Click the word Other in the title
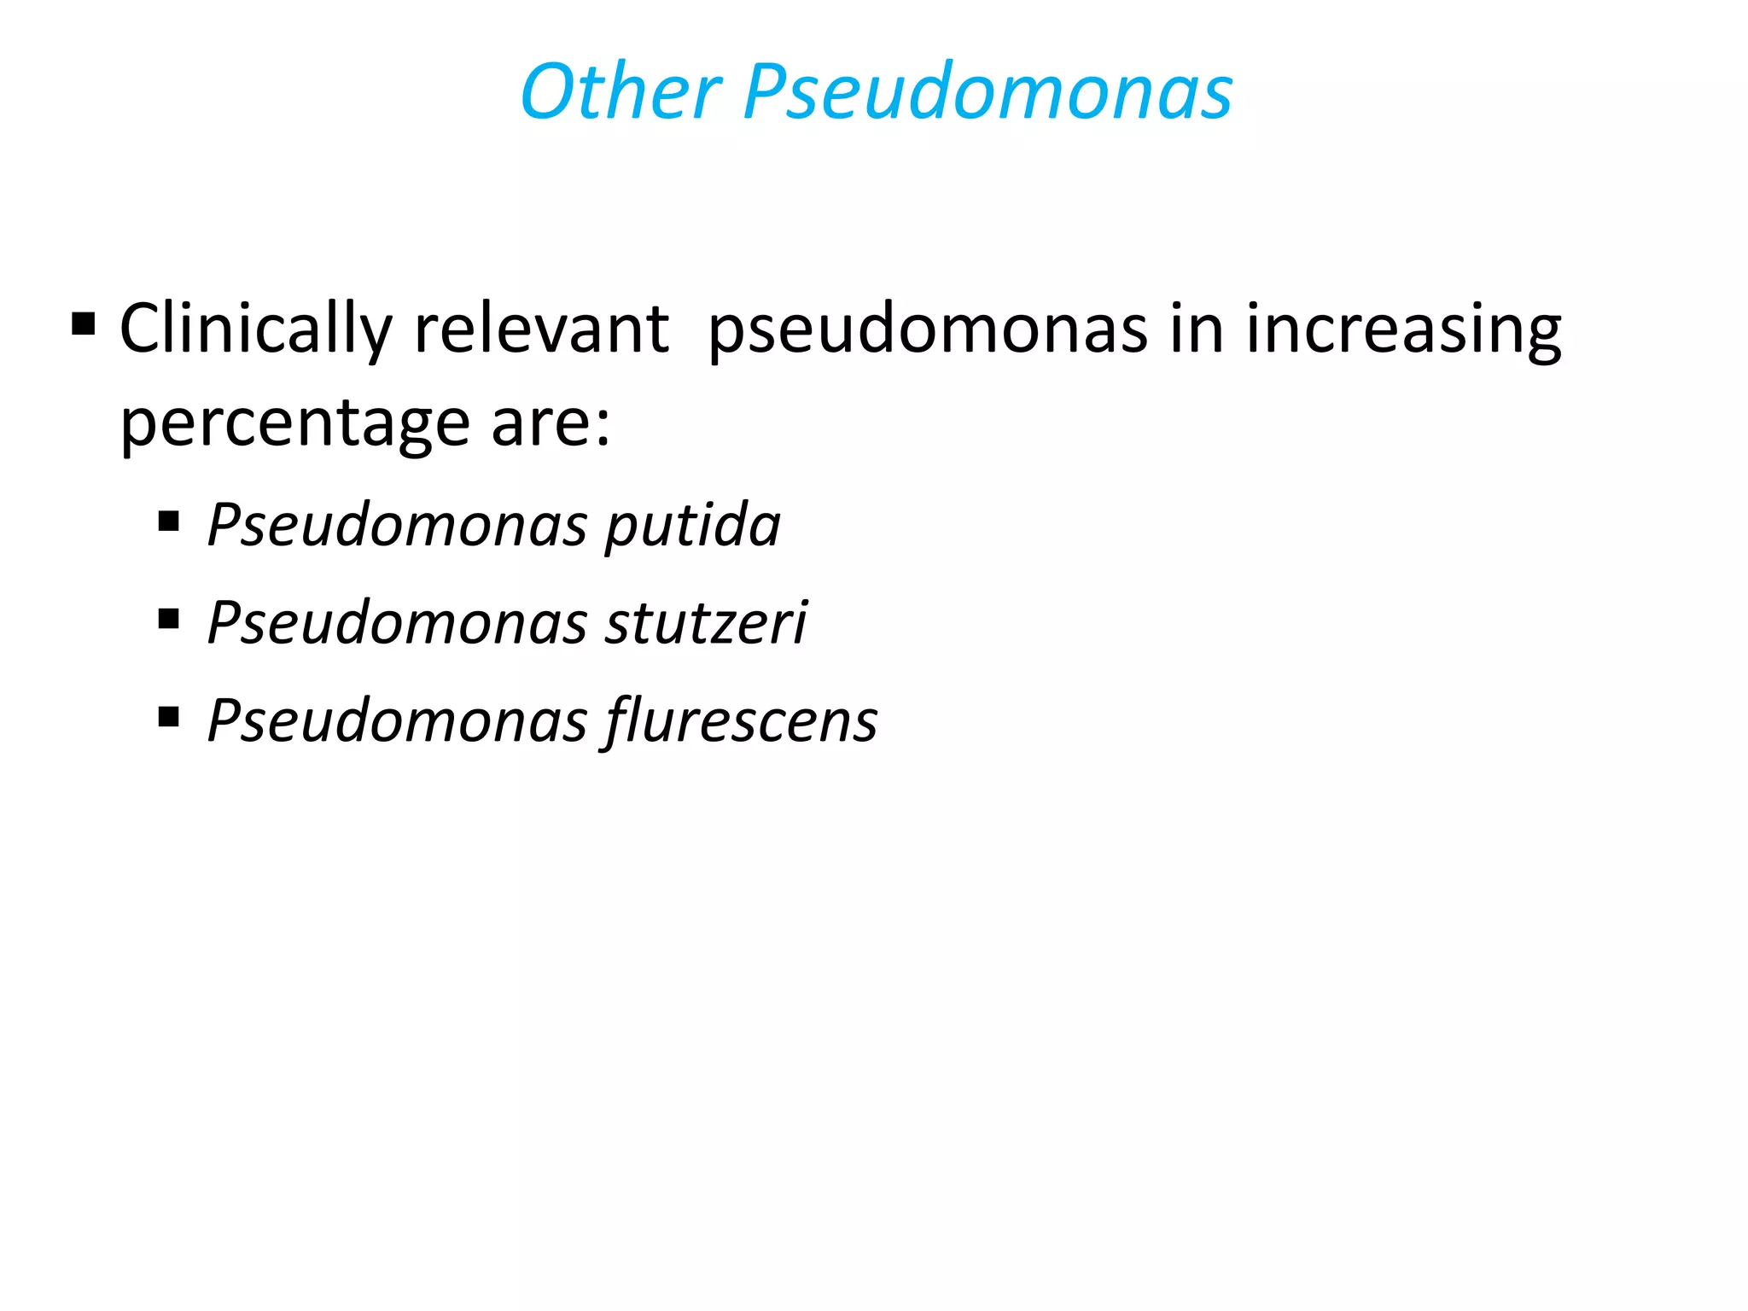click(x=621, y=91)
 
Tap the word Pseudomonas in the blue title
click(x=988, y=91)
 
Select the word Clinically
click(x=255, y=329)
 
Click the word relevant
click(x=541, y=329)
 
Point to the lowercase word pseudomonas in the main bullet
click(x=928, y=329)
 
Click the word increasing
click(x=1403, y=329)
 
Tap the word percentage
click(x=294, y=424)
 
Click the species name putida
click(x=693, y=525)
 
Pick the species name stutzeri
click(x=706, y=622)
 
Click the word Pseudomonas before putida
click(x=398, y=525)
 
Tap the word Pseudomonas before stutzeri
click(x=398, y=622)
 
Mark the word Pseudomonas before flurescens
click(x=398, y=720)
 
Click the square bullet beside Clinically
click(x=84, y=324)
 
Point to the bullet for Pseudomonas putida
click(x=169, y=520)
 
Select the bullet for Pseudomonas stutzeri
click(x=169, y=617)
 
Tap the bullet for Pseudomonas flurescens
click(x=169, y=715)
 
